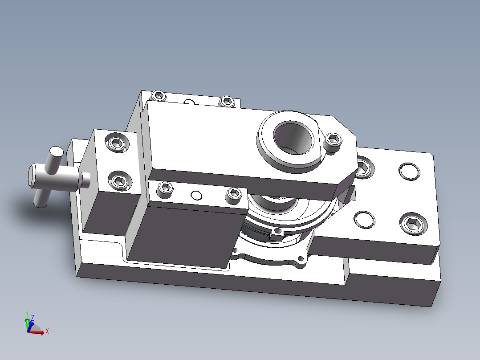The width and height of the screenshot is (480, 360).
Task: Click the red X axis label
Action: click(x=47, y=331)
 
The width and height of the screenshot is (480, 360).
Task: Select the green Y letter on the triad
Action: click(x=27, y=313)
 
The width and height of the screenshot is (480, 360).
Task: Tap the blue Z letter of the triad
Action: click(x=33, y=318)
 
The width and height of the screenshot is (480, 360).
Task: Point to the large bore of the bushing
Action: click(x=293, y=137)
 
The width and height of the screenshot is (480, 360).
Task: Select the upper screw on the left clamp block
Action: click(x=117, y=143)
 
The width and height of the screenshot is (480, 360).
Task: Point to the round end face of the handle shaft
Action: click(x=35, y=175)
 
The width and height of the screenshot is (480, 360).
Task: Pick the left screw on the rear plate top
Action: click(x=159, y=95)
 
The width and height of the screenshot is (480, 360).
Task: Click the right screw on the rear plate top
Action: click(x=227, y=101)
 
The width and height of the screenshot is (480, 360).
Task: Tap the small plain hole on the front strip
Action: click(x=196, y=195)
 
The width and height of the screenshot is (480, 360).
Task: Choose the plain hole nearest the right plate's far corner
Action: click(x=409, y=171)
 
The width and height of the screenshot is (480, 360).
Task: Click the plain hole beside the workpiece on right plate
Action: click(x=364, y=220)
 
